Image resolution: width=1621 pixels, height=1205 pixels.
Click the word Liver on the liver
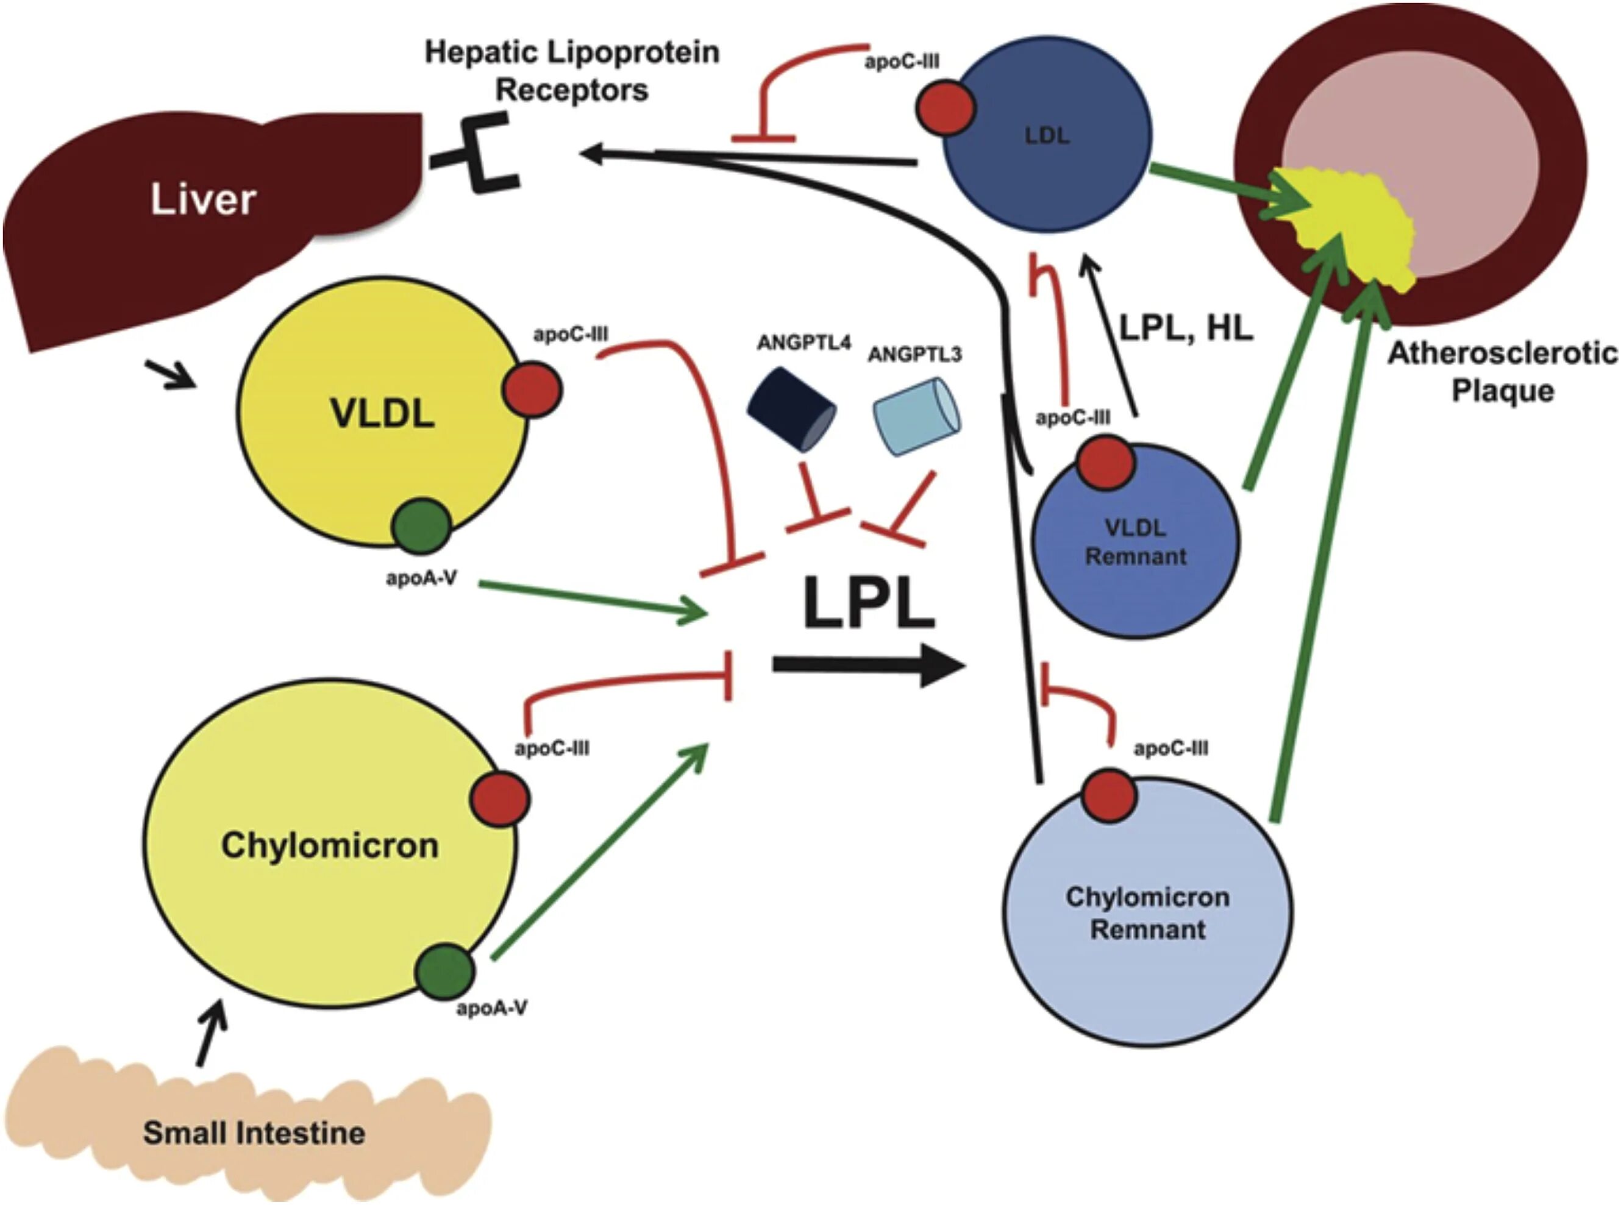pos(203,199)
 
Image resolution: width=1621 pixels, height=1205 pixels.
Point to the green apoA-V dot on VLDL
pos(421,526)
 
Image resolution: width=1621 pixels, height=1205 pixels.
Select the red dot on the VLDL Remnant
pos(1106,463)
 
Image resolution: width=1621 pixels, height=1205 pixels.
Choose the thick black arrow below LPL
pos(868,665)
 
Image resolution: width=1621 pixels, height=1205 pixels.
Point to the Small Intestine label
pos(254,1133)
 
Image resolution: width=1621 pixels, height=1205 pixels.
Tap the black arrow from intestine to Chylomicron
pos(212,1035)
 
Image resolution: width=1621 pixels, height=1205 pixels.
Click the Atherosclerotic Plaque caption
pos(1502,372)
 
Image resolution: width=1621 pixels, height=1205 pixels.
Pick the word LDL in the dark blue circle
pos(1047,136)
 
